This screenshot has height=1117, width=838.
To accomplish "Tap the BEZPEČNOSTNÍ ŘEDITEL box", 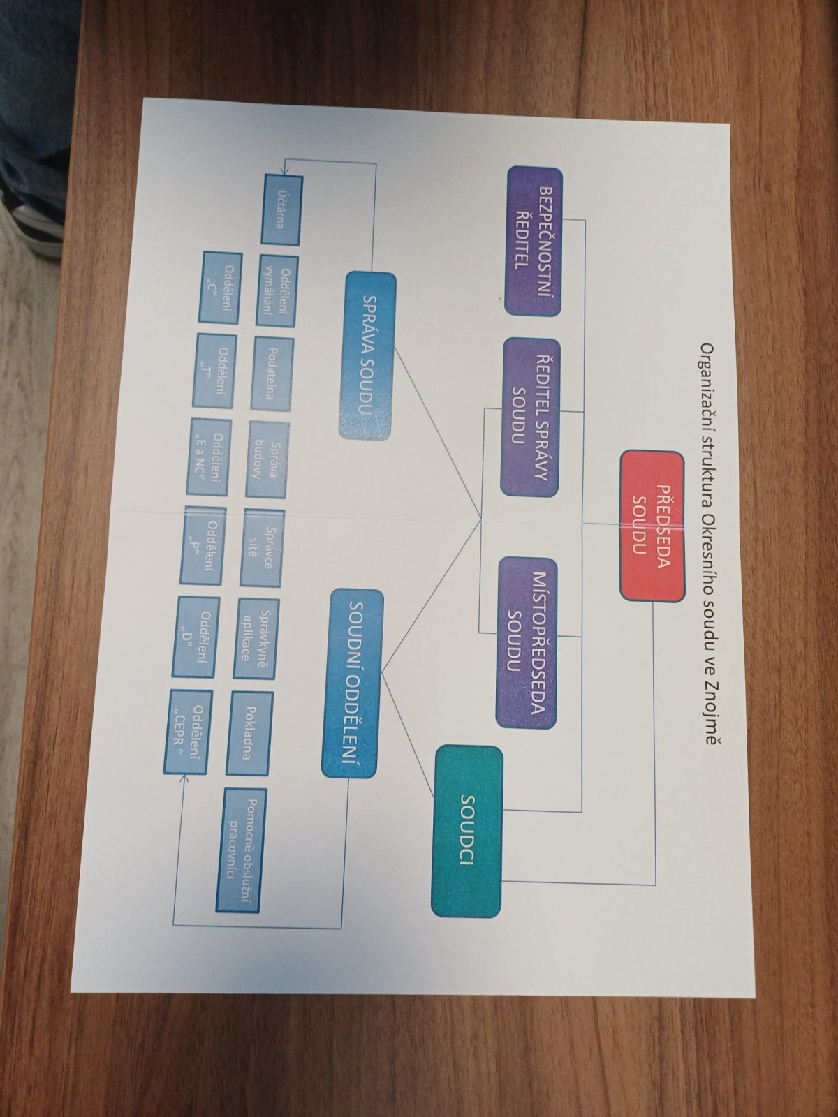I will pyautogui.click(x=534, y=241).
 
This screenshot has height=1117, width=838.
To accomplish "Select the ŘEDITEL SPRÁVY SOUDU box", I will pyautogui.click(x=529, y=417).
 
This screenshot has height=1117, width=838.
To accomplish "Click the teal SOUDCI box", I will pyautogui.click(x=467, y=831).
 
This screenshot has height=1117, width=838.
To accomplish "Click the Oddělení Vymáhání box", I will pyautogui.click(x=276, y=290).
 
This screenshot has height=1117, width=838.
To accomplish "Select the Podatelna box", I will pyautogui.click(x=272, y=373).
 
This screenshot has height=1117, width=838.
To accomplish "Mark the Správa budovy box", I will pyautogui.click(x=266, y=458).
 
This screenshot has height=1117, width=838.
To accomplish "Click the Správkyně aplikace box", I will pyautogui.click(x=255, y=637).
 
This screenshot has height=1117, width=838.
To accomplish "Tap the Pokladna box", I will pyautogui.click(x=249, y=733).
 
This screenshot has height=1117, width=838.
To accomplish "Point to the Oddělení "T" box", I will pyautogui.click(x=215, y=370).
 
